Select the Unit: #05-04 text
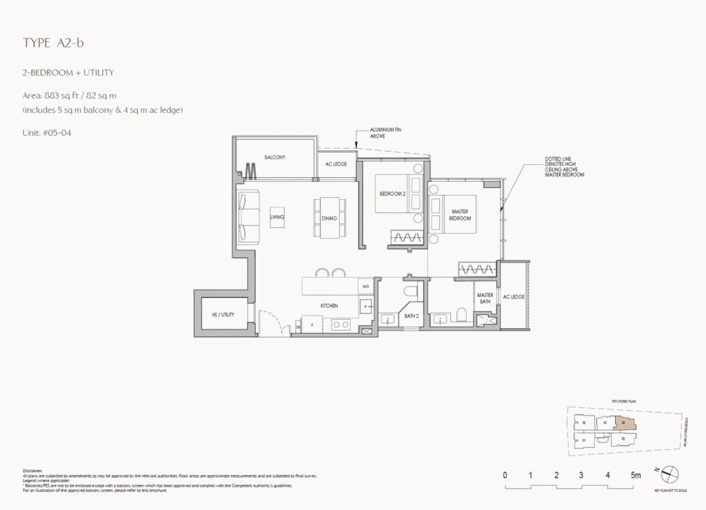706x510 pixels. point(47,132)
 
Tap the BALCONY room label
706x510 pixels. point(274,157)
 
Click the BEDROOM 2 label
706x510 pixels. point(392,194)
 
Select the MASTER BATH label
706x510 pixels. point(485,298)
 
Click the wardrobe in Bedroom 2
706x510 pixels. point(407,238)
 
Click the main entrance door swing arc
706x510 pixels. point(270,320)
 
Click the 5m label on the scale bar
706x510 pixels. point(635,475)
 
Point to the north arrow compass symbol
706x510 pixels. point(670,474)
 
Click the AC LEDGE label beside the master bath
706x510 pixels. point(514,296)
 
